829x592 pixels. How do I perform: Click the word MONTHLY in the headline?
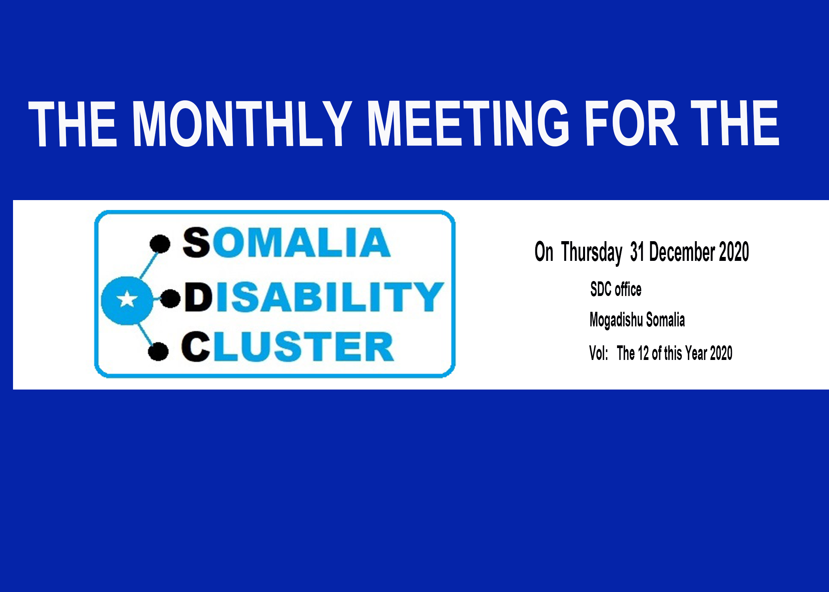pyautogui.click(x=242, y=123)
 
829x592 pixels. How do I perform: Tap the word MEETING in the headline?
pyautogui.click(x=469, y=123)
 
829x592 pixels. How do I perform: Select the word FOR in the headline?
pyautogui.click(x=632, y=123)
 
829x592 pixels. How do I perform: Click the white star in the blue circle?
pyautogui.click(x=127, y=299)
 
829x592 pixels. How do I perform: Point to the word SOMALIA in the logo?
pyautogui.click(x=287, y=242)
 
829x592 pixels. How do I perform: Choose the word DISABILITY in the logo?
pyautogui.click(x=314, y=297)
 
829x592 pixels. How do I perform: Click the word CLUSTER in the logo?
pyautogui.click(x=287, y=347)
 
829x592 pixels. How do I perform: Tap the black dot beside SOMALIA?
pyautogui.click(x=160, y=244)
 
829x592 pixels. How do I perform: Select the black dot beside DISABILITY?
pyautogui.click(x=171, y=298)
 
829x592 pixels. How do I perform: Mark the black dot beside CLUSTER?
pyautogui.click(x=158, y=351)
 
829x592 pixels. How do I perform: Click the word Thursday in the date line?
pyautogui.click(x=592, y=253)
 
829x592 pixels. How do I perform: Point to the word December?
pyautogui.click(x=682, y=252)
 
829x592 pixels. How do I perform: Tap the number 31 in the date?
pyautogui.click(x=637, y=252)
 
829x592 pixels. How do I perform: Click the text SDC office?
pyautogui.click(x=616, y=289)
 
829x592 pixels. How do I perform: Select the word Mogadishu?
pyautogui.click(x=616, y=320)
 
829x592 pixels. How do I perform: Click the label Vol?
pyautogui.click(x=598, y=353)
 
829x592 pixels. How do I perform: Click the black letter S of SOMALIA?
pyautogui.click(x=196, y=242)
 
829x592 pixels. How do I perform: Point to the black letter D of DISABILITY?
pyautogui.click(x=199, y=297)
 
